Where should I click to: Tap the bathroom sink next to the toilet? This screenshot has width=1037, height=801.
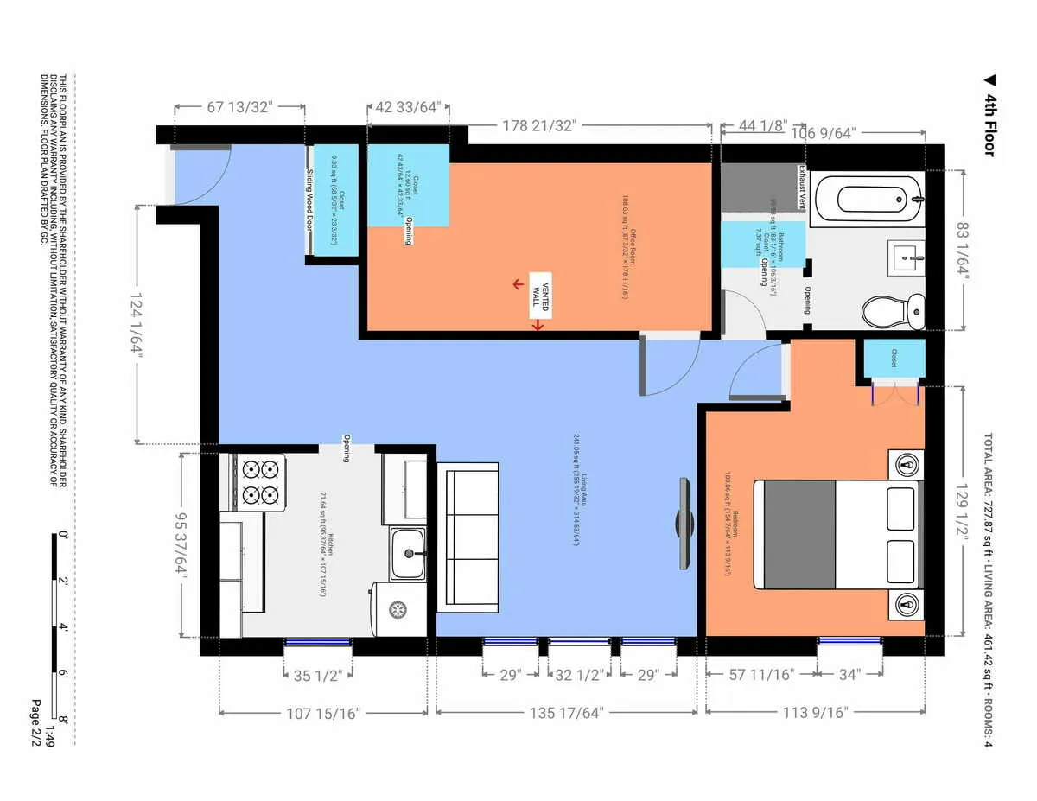tap(907, 257)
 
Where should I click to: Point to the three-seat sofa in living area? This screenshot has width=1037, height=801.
tap(468, 537)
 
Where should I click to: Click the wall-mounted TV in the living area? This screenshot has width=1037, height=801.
tap(684, 524)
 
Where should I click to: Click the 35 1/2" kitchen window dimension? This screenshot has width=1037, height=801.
tap(318, 676)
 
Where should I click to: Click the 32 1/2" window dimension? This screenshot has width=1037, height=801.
tap(579, 676)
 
